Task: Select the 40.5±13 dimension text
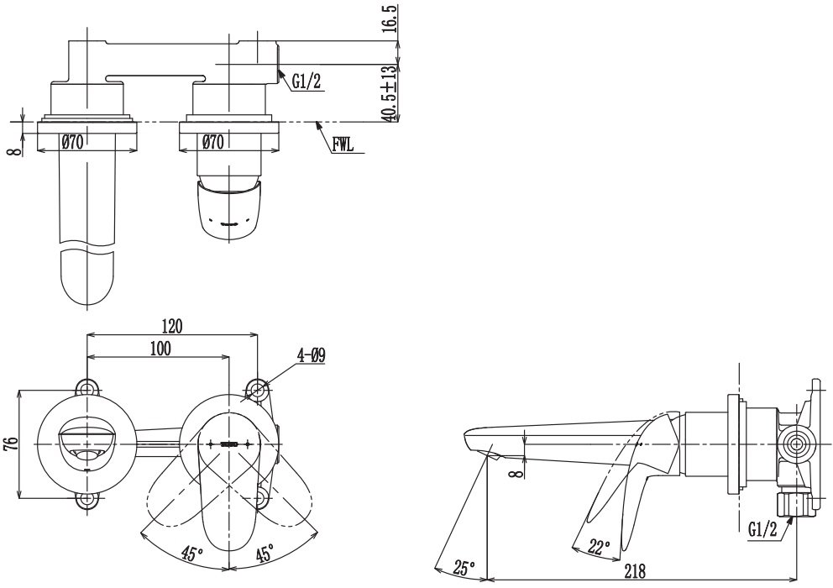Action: pos(390,93)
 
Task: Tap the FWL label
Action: pos(343,145)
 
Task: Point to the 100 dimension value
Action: pos(160,349)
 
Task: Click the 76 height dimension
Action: pos(11,444)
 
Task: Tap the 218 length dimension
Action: pos(634,571)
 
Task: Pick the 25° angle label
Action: pos(464,570)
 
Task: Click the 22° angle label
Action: pos(600,546)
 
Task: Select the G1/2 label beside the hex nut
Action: pos(762,529)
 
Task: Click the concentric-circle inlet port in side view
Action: pos(796,444)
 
